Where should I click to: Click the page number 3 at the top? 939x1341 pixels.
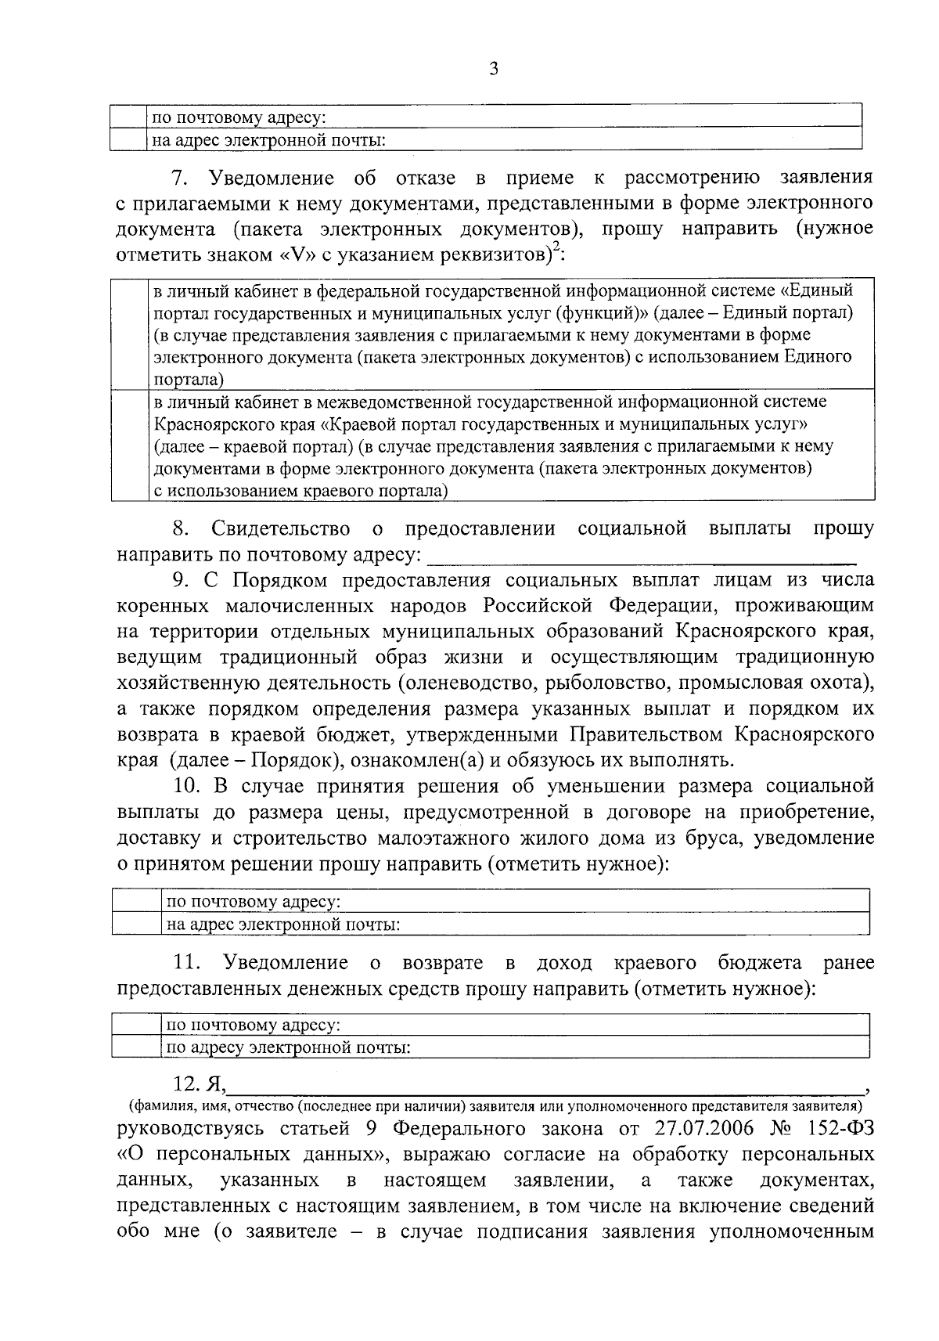[x=493, y=69]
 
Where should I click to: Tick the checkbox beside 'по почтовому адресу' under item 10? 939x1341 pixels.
[x=137, y=900]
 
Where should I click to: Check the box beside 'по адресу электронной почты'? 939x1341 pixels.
[x=137, y=1047]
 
